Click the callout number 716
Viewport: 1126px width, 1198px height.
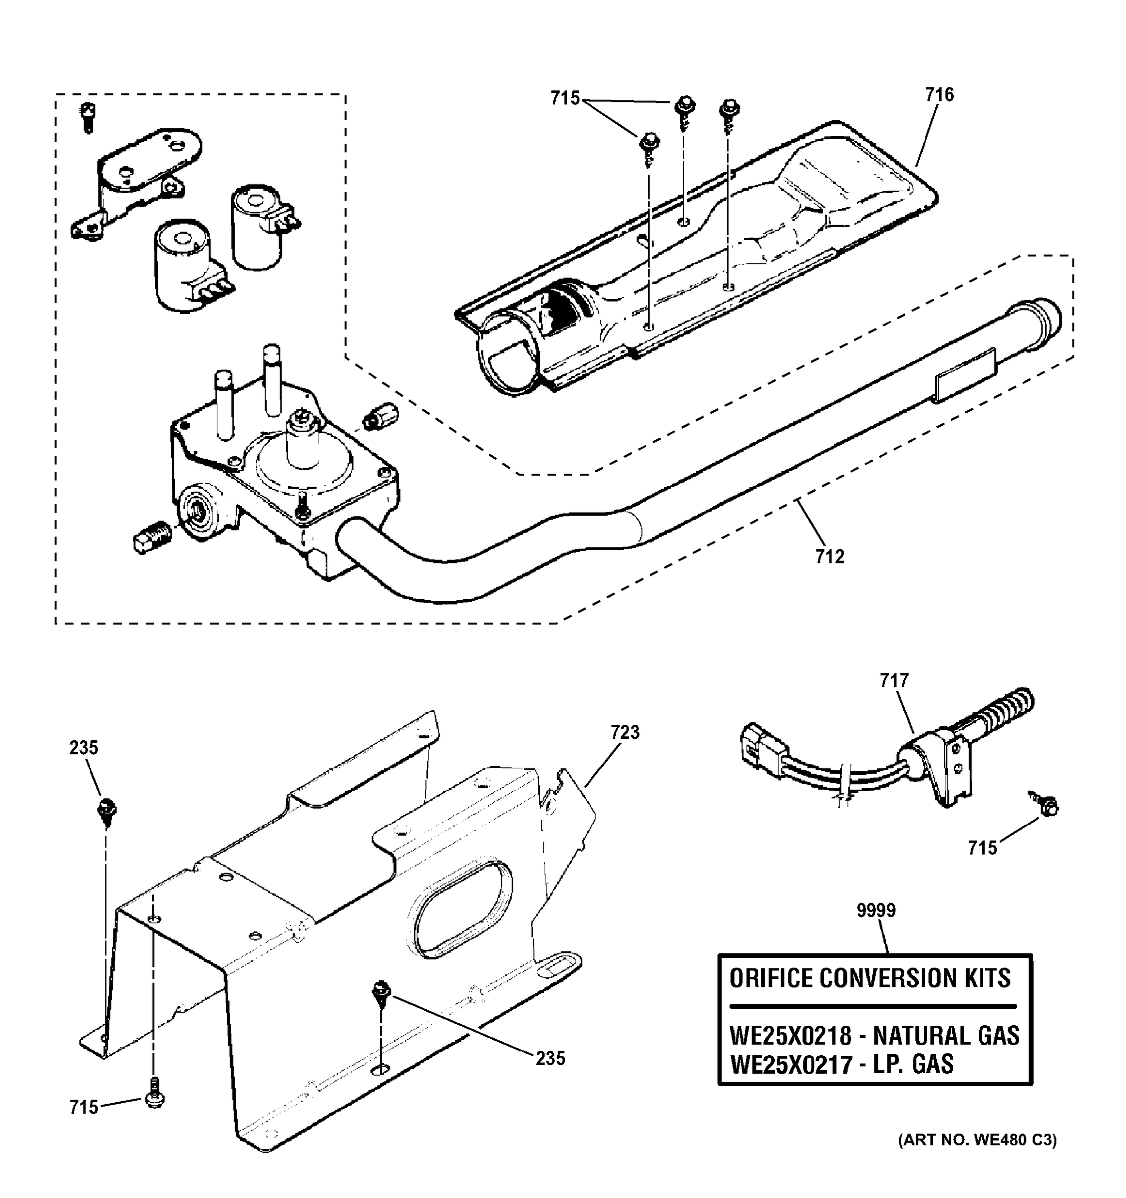point(940,95)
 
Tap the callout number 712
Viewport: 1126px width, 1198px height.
point(829,557)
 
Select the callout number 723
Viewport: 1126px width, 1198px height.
point(625,732)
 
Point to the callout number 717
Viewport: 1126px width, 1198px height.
point(893,680)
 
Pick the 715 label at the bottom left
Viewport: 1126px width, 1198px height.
point(83,1107)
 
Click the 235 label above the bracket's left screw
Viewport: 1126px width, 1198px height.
point(83,748)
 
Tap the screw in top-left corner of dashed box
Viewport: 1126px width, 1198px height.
point(88,117)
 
